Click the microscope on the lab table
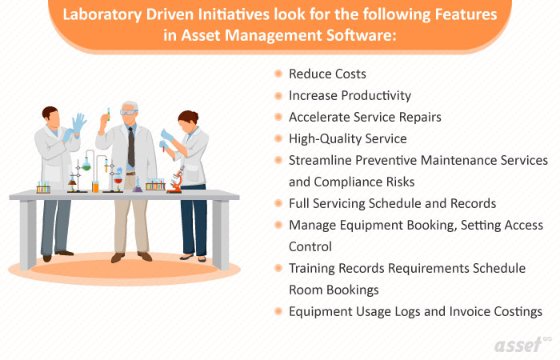pyautogui.click(x=175, y=178)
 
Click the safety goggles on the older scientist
pyautogui.click(x=128, y=114)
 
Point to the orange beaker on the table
pyautogui.click(x=95, y=186)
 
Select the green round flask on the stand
pyautogui.click(x=86, y=166)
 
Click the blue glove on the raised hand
pyautogui.click(x=78, y=123)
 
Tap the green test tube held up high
pyautogui.click(x=108, y=115)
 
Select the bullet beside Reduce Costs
pyautogui.click(x=278, y=74)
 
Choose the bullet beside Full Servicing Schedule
pyautogui.click(x=278, y=203)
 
